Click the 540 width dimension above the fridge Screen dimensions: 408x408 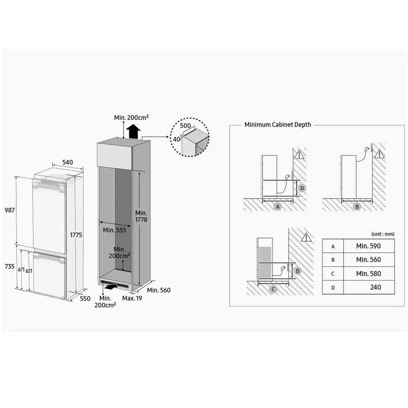coord(67,162)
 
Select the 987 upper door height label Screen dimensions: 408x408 coord(10,210)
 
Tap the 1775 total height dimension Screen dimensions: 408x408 coord(76,235)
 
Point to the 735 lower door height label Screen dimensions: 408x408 coord(10,266)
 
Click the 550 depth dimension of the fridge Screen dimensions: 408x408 coord(85,298)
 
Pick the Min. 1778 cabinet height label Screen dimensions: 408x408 coord(141,216)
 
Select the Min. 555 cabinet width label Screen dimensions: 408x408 coord(114,230)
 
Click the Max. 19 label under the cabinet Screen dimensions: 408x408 coord(132,298)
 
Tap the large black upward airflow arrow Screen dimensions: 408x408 coord(133,132)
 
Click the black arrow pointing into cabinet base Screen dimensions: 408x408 coord(110,287)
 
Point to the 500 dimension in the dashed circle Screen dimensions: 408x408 coord(186,126)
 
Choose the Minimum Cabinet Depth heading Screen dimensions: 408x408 coord(278,125)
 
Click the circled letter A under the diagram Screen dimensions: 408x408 coord(278,206)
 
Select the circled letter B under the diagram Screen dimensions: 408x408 coord(357,206)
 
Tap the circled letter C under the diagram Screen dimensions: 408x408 coord(273,289)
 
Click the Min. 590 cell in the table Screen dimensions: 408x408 coord(368,246)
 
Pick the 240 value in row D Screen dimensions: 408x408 coord(376,287)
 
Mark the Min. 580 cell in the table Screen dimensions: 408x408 coord(368,274)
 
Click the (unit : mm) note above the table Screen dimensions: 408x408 coord(383,234)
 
